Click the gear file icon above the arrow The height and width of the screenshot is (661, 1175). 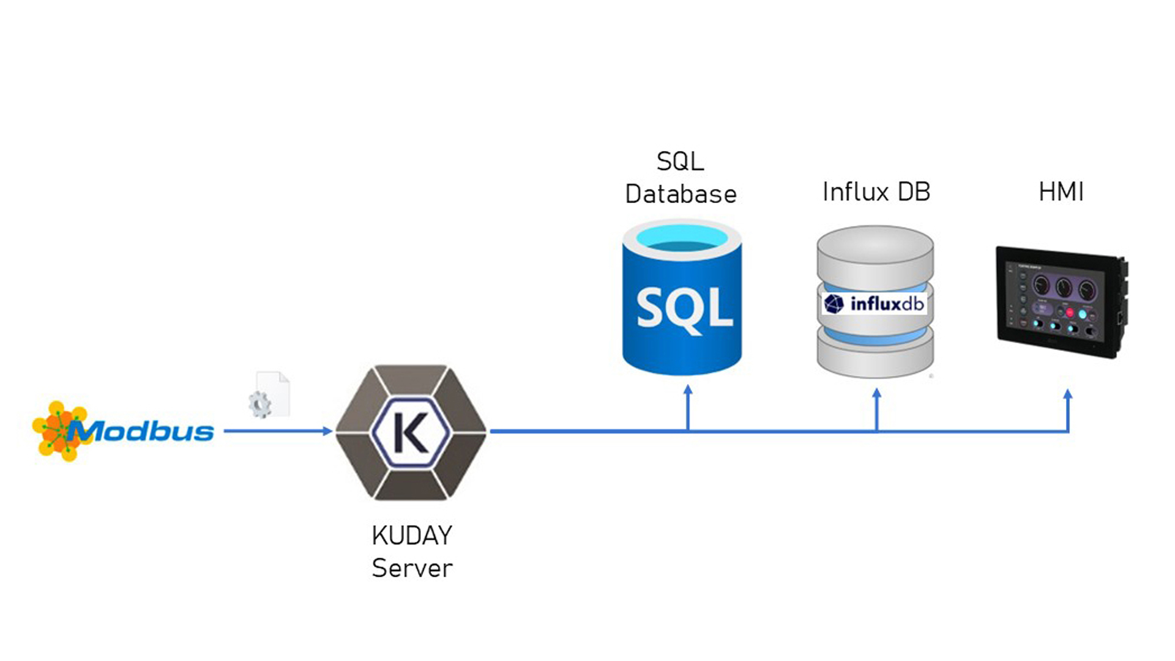270,395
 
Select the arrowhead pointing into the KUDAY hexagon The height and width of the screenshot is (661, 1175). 327,431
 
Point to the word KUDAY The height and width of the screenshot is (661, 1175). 412,536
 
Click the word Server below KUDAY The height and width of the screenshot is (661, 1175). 412,569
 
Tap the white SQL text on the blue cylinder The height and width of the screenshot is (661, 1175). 684,309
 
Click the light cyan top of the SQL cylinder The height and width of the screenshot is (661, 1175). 682,236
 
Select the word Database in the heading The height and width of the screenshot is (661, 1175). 681,194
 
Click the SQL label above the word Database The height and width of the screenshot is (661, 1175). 680,162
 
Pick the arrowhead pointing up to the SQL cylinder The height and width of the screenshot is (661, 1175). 688,390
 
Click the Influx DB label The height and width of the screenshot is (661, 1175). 876,192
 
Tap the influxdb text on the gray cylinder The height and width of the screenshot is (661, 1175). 887,304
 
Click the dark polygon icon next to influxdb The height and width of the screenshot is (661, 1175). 834,304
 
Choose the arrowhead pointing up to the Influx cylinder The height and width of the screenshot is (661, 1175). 876,394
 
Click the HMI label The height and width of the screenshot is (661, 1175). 1061,192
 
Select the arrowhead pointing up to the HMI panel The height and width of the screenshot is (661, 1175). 1068,395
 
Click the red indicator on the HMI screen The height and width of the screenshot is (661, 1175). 1070,313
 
